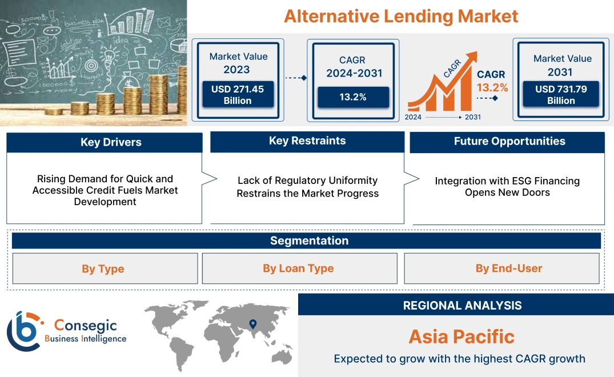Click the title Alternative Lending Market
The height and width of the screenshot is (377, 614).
coord(401,16)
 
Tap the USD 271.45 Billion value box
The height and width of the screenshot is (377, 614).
coord(237,95)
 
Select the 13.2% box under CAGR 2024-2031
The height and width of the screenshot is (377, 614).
coord(353,97)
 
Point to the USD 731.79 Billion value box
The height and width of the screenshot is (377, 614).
coord(561,95)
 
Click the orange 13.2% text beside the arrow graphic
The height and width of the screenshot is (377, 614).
coord(492,88)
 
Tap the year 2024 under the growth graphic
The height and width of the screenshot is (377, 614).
coord(414,117)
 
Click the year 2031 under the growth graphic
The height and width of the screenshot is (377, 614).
coord(472,117)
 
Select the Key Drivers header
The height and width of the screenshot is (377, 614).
coord(105,142)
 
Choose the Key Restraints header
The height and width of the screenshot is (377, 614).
coord(307,141)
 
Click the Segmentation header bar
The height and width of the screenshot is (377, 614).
coord(308,240)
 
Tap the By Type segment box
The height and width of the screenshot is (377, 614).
coord(103,268)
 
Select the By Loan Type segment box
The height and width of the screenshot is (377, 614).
coord(298,268)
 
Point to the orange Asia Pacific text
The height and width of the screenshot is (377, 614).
coord(461,336)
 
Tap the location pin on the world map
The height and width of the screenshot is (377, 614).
coord(252,325)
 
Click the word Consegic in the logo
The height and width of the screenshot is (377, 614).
coord(86,326)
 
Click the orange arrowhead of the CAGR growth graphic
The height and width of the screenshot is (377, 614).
coord(472,56)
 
